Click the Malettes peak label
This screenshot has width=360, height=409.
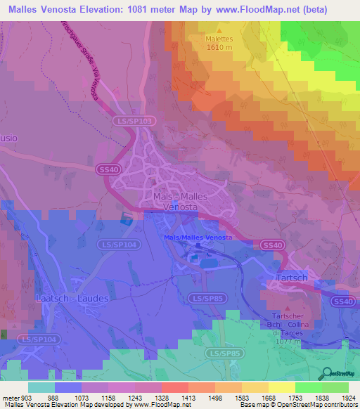tap(218, 40)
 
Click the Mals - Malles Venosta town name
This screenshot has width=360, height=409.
tap(180, 202)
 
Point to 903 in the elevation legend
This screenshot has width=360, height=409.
tap(27, 398)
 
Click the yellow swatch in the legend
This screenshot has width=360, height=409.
tap(281, 387)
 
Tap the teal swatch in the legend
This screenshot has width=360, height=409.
tap(41, 387)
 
